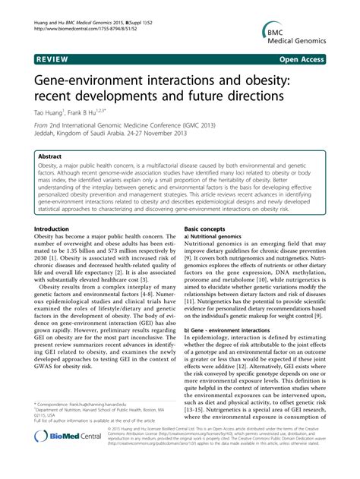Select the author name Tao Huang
click(x=48, y=112)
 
